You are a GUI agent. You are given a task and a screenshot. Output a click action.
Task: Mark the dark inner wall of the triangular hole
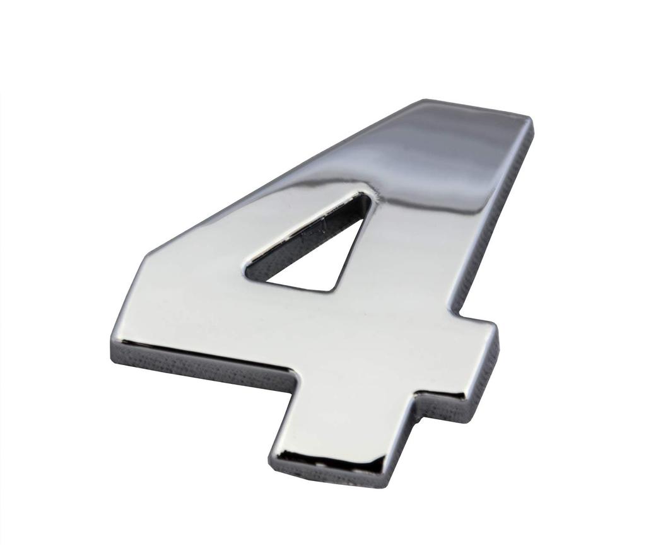coord(303,236)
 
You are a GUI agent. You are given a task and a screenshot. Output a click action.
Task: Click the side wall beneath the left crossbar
coord(202,368)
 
